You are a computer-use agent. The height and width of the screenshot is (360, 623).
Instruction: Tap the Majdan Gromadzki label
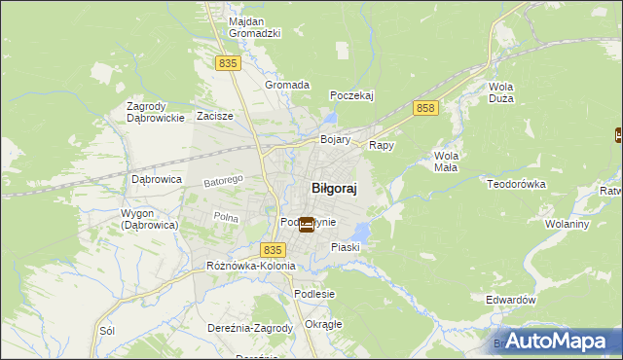[x=254, y=26]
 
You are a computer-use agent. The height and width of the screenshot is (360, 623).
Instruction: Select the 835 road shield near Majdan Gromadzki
[x=228, y=62]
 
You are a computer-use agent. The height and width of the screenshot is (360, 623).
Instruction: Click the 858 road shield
[x=423, y=108]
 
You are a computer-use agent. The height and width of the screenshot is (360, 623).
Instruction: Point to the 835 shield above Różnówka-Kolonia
[x=274, y=250]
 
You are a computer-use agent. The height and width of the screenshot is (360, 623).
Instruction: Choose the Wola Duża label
[x=501, y=92]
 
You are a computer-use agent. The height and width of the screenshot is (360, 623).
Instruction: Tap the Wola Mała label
[x=446, y=161]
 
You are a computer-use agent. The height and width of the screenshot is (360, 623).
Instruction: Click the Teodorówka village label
[x=519, y=183]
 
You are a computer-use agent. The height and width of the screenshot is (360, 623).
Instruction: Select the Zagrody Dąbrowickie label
[x=156, y=112]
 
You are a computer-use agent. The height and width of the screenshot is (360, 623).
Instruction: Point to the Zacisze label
[x=214, y=116]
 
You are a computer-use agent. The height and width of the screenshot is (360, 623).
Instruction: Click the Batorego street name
[x=223, y=181]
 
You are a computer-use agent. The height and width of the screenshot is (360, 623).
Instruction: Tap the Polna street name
[x=226, y=218]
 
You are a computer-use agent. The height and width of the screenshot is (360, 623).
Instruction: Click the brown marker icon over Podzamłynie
[x=307, y=225]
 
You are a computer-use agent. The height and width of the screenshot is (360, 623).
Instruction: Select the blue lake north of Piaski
[x=361, y=232]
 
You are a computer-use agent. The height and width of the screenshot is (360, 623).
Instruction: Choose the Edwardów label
[x=511, y=301]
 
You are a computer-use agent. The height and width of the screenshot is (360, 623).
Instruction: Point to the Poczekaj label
[x=351, y=95]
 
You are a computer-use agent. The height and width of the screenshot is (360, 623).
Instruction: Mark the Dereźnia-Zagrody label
[x=250, y=328]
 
